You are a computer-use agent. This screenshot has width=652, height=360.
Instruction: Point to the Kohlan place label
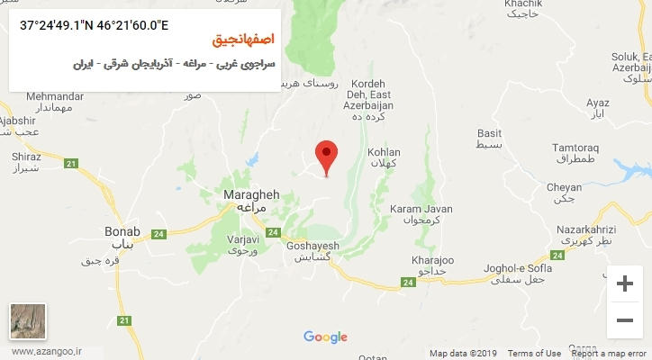384,153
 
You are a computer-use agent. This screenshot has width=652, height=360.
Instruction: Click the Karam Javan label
414,209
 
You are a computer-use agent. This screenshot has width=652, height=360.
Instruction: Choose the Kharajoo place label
429,260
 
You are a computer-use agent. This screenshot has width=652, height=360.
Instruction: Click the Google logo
325,337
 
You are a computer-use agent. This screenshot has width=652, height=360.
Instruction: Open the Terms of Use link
534,354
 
